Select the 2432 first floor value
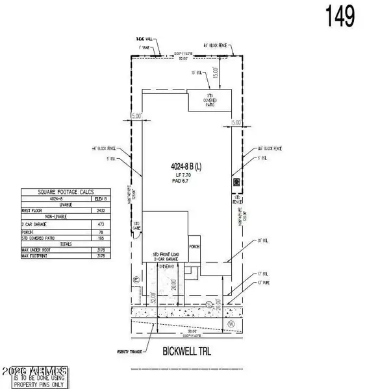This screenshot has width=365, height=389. pos(101,211)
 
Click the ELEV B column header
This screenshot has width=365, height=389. pos(101,199)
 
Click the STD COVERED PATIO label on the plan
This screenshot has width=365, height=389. pos(209,100)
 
